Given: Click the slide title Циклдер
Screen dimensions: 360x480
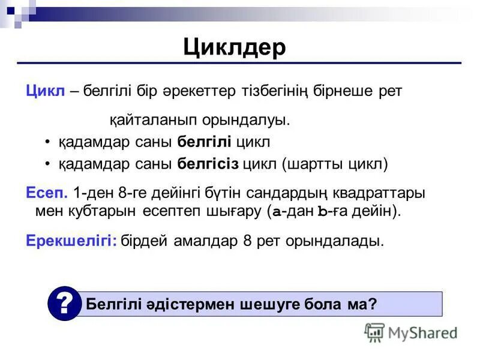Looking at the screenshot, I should point(235,48).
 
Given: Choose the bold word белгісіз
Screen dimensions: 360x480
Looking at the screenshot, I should point(208,164).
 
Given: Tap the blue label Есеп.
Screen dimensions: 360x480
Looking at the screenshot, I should point(47,194).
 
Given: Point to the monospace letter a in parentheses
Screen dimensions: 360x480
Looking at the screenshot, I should point(277,212).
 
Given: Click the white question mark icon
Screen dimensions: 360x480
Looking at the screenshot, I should point(64,304).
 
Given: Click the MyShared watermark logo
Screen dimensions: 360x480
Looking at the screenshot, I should point(411,332).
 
